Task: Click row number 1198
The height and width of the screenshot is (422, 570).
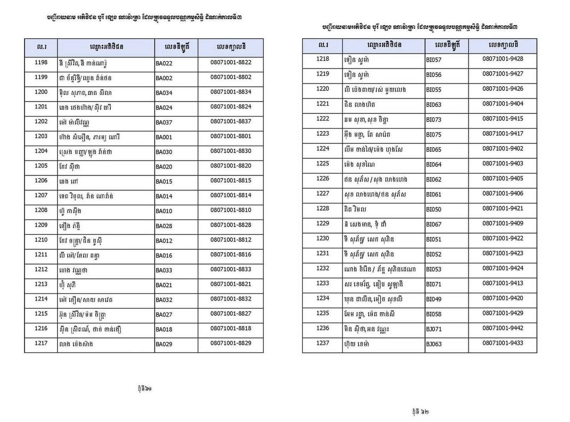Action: pyautogui.click(x=41, y=62)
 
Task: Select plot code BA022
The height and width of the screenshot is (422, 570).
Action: pyautogui.click(x=164, y=63)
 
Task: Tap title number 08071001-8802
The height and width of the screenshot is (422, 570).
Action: pyautogui.click(x=231, y=77)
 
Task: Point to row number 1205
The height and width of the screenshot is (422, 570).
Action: pyautogui.click(x=41, y=165)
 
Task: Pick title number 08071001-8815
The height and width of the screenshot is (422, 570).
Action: pyautogui.click(x=231, y=181)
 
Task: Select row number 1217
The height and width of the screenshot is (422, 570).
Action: pyautogui.click(x=41, y=343)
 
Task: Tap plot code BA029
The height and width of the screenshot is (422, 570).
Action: pyautogui.click(x=164, y=344)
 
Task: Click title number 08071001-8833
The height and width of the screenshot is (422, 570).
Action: pyautogui.click(x=231, y=269)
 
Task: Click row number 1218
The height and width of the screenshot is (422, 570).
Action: pyautogui.click(x=322, y=59)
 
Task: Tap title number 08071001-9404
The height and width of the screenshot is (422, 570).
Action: pyautogui.click(x=503, y=104)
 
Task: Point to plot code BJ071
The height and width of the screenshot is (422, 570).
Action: pyautogui.click(x=434, y=329)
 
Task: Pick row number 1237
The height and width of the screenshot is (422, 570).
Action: pyautogui.click(x=322, y=343)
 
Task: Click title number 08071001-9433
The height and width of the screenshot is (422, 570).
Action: pyautogui.click(x=503, y=343)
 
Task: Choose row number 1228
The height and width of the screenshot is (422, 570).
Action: pyautogui.click(x=322, y=208)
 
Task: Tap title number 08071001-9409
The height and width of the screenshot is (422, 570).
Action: pyautogui.click(x=503, y=223)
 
